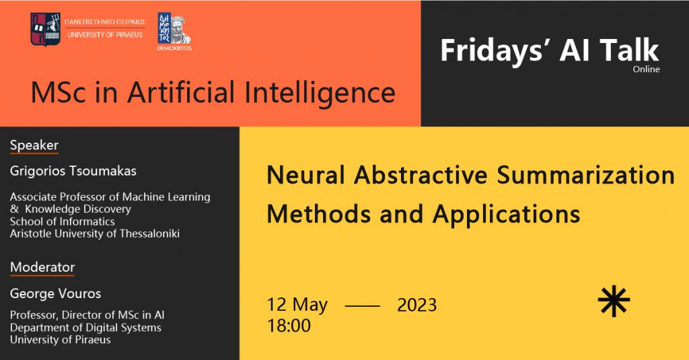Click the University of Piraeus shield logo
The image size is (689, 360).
coord(45,29)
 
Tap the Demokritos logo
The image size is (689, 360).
coord(174,31)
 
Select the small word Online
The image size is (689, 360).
coord(646,69)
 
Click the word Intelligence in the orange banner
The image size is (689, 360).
coord(320,94)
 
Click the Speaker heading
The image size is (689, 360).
coord(34,145)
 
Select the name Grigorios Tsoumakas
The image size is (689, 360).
coord(73,170)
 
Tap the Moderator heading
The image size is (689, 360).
coord(42,267)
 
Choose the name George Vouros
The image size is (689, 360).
coord(55,293)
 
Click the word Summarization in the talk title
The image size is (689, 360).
coord(586,175)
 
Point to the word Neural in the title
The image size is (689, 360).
coord(305,175)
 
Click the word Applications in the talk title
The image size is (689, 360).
coord(506,215)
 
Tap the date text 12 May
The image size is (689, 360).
coord(297,305)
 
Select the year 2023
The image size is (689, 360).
coord(417,305)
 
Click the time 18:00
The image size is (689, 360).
coord(289,326)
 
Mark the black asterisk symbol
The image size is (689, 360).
coord(614,301)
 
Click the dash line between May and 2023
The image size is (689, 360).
coord(363,305)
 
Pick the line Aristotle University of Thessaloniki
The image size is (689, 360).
coord(94,233)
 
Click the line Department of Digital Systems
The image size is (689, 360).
coord(85,328)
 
